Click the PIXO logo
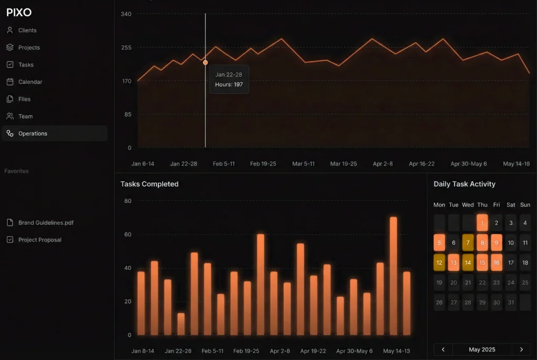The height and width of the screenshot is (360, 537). coord(19,13)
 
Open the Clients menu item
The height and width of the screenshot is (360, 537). coord(27,30)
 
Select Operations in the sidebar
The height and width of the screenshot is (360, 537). coord(33,134)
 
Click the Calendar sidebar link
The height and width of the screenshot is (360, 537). coord(30,82)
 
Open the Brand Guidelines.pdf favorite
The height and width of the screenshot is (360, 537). coord(46,222)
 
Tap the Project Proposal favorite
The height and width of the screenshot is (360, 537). coord(40,239)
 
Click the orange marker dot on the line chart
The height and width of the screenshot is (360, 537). coord(206,63)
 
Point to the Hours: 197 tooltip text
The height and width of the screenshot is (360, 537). coord(229,84)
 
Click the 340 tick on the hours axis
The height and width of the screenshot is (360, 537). coord(126,14)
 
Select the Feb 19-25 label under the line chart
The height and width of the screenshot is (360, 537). coord(263,163)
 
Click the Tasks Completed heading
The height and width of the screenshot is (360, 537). coord(149,184)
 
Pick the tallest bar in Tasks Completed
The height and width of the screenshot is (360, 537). coord(393,276)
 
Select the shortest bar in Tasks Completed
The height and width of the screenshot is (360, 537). coord(181,324)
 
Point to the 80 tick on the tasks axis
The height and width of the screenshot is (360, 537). coord(128,201)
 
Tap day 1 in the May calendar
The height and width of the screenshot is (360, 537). coord(482,223)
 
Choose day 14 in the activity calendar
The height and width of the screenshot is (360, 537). coord(468,263)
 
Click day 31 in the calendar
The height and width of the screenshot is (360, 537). coord(511,302)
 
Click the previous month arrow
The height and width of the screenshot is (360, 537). coord(443,350)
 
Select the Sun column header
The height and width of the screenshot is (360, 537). coord(525,205)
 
